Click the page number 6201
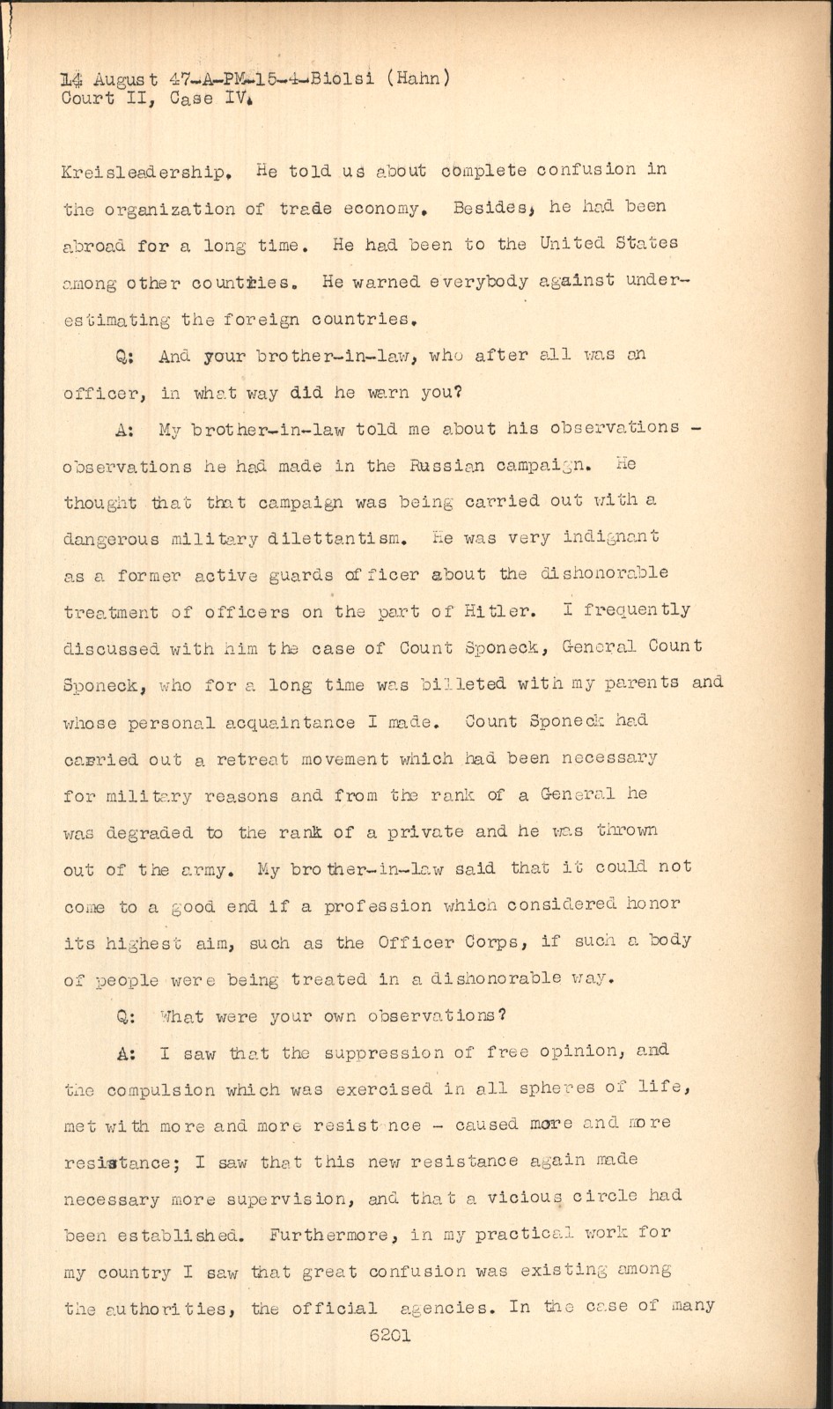(x=390, y=1334)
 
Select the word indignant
(x=610, y=536)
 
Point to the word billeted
(x=475, y=683)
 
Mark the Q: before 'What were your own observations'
(x=124, y=1016)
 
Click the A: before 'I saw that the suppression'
(x=124, y=1053)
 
